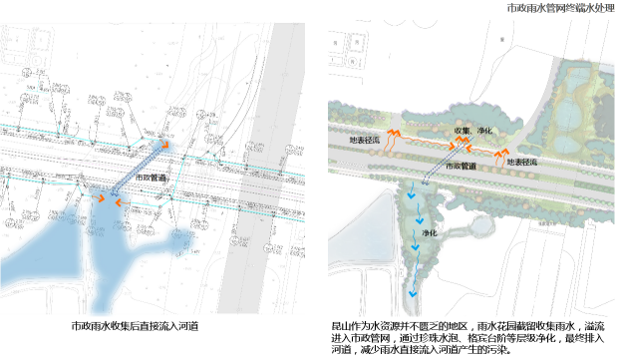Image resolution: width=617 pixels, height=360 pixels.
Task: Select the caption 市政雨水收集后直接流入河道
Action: (x=135, y=326)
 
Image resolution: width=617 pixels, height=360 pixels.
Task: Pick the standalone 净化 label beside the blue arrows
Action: (x=431, y=232)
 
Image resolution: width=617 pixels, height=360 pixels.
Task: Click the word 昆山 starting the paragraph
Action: (x=340, y=326)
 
